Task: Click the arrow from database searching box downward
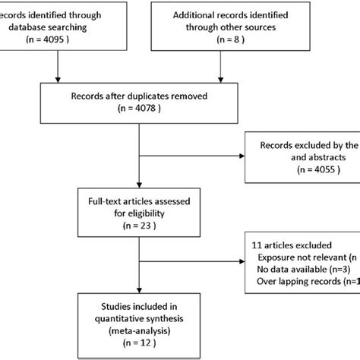point(57,72)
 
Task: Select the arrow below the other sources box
point(220,72)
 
